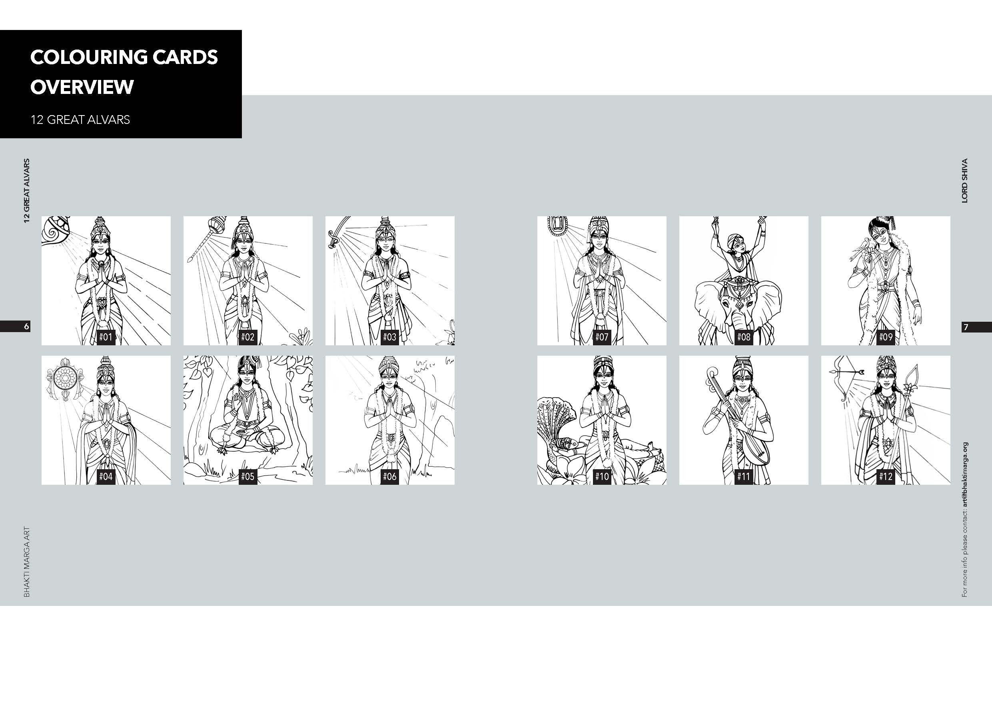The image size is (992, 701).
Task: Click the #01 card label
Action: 106,337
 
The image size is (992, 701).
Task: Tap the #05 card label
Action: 248,476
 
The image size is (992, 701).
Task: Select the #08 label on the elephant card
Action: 744,337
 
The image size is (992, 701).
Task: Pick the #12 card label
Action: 885,476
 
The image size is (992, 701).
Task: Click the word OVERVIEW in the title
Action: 82,87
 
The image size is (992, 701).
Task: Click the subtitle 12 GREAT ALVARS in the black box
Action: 80,119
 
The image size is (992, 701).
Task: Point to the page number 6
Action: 26,327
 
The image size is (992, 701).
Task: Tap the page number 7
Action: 966,327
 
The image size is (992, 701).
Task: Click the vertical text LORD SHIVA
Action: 965,181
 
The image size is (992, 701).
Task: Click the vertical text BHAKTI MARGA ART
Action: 27,562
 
